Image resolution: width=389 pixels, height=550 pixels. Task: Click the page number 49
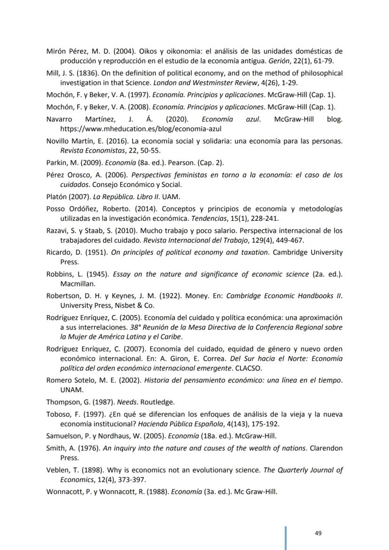point(318,533)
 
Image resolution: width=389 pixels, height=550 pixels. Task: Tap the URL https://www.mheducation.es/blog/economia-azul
point(140,128)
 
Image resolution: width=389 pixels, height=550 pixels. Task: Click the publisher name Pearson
point(174,163)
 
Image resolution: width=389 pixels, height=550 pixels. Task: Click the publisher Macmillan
point(77,284)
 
